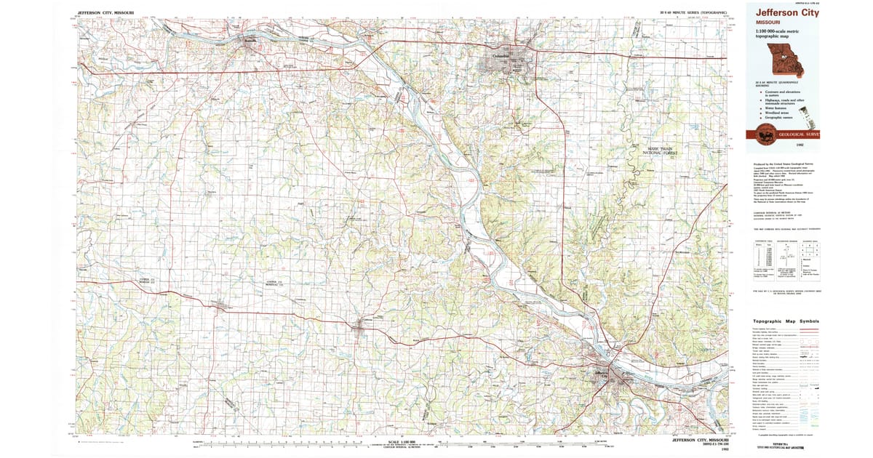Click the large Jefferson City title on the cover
pos(787,12)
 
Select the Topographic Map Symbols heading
pos(786,321)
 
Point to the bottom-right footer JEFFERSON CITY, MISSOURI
pos(695,441)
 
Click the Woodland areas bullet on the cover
pos(777,112)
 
